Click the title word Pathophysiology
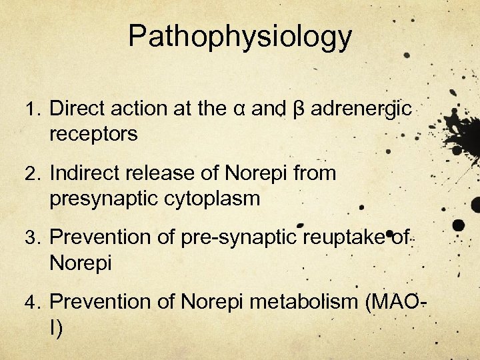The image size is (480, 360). coord(240,37)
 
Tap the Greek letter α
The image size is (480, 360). coord(239,109)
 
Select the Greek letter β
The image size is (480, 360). coord(299,109)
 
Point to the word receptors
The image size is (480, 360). coord(93,134)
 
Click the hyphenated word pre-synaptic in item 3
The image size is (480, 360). coord(242,237)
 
